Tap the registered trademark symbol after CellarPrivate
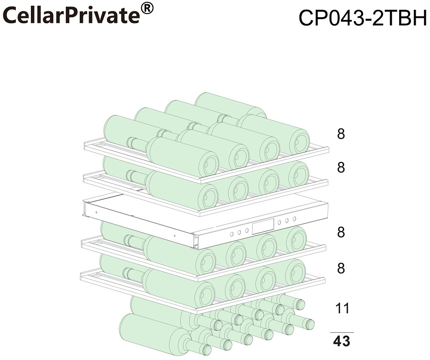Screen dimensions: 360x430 [148, 9]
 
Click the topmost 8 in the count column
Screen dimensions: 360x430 [341, 134]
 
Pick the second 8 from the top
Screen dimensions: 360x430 [341, 167]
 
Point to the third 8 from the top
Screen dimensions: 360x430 [341, 232]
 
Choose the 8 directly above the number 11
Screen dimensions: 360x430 [341, 268]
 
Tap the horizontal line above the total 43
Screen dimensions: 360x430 [341, 333]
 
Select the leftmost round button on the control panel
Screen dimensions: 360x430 [231, 234]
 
